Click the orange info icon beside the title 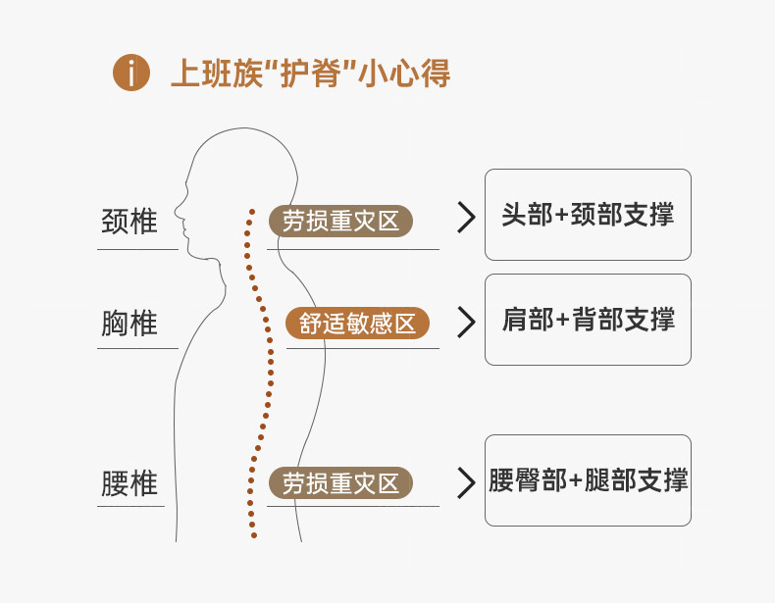point(131,74)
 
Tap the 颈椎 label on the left point(129,221)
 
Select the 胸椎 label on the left point(129,323)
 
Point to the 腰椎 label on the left point(129,483)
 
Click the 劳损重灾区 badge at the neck point(340,221)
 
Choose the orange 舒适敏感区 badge point(357,323)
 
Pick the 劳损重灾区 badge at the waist point(340,483)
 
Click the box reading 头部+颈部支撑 point(588,215)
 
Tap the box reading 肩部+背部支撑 point(588,320)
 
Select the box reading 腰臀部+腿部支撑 point(588,480)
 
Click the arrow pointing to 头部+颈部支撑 point(466,217)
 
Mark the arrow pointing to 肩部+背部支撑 point(466,321)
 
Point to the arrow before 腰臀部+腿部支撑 point(466,481)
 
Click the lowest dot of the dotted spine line point(253,535)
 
